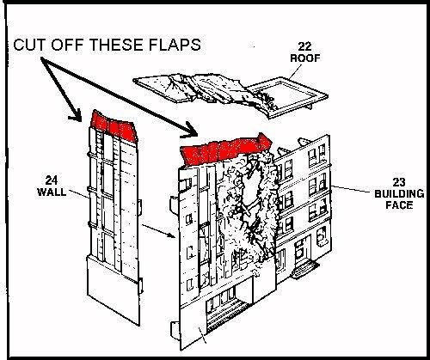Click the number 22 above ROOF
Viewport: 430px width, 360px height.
pos(304,46)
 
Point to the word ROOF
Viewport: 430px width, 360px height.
pos(305,58)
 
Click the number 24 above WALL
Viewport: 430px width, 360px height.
pos(52,180)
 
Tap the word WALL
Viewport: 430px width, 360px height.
pos(52,192)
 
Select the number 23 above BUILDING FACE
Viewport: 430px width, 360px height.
pos(399,182)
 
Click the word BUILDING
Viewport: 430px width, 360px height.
pos(399,194)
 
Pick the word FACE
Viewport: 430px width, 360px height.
pos(399,205)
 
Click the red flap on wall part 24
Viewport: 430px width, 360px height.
pos(114,126)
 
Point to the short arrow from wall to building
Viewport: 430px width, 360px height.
pos(158,231)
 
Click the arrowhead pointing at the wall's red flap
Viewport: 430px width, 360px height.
pos(76,116)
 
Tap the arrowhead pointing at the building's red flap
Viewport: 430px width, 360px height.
pos(189,130)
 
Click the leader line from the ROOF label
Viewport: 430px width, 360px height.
pos(295,71)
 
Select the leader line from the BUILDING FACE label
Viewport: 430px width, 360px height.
pos(353,189)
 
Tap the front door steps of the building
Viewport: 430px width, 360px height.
pos(304,269)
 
